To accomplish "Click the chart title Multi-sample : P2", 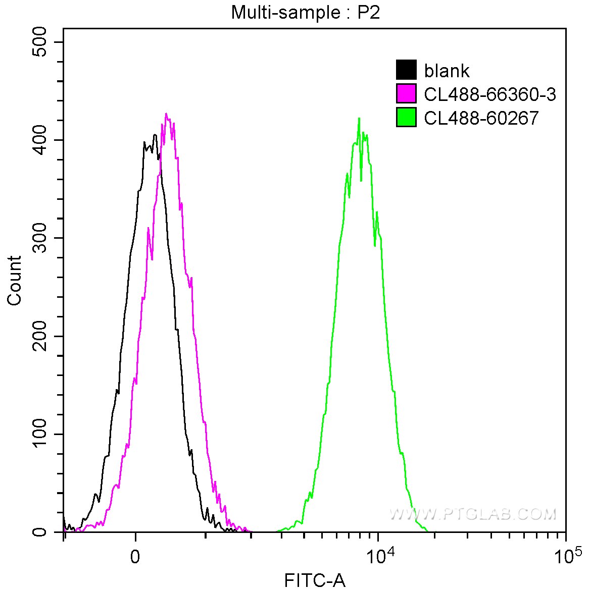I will pos(305,12).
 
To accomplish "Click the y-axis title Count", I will pos(15,280).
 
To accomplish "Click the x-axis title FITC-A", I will pos(315,580).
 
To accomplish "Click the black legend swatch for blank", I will pos(406,71).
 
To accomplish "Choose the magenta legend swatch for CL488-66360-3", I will pos(406,94).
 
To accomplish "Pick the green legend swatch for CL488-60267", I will pos(406,117).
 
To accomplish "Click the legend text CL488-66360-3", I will pos(490,94).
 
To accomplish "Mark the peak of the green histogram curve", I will pos(359,119).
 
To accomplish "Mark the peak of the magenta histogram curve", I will pos(166,114).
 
